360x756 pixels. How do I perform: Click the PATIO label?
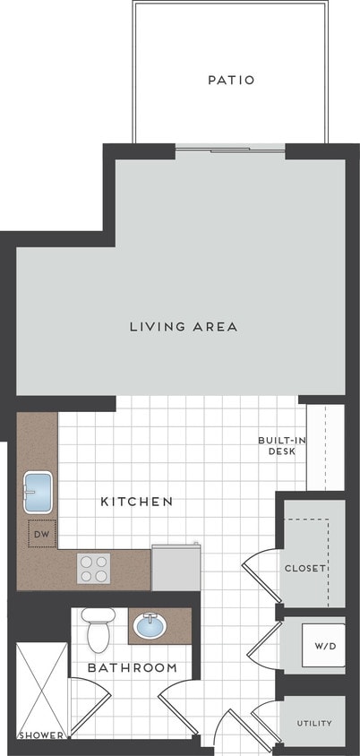click(231, 80)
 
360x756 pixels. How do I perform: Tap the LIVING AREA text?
click(184, 326)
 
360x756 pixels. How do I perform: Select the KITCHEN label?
click(136, 502)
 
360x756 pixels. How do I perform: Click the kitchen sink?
click(39, 490)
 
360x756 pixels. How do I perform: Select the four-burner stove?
click(94, 568)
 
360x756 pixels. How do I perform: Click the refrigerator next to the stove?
click(176, 568)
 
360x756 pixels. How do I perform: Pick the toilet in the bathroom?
click(98, 628)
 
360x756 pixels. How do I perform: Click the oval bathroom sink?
click(152, 625)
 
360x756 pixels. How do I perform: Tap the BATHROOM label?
click(132, 668)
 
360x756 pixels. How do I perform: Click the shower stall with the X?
click(41, 685)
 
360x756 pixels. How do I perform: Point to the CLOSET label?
click(304, 568)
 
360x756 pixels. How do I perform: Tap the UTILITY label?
click(313, 723)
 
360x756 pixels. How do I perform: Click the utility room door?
click(266, 722)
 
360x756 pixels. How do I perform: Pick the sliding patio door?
click(230, 149)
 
